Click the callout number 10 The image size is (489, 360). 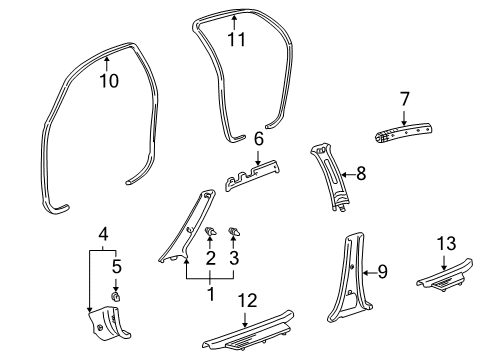[108, 81]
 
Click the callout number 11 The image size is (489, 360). [235, 41]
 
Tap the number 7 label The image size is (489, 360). [404, 98]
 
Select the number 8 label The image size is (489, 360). [361, 174]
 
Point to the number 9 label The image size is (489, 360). [381, 271]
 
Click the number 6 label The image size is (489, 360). [258, 139]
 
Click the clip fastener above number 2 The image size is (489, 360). [211, 233]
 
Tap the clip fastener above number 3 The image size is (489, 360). [236, 233]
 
